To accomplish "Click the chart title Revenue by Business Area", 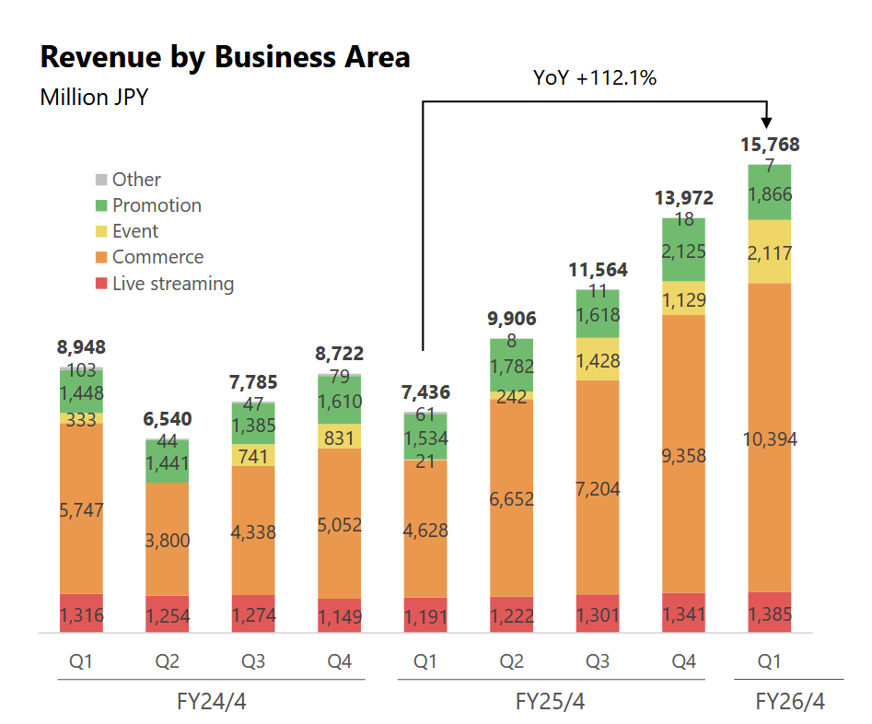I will pos(225,57).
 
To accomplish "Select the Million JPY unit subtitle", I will pos(94,97).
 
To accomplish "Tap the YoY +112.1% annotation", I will pos(594,78).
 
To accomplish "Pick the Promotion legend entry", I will pos(156,205).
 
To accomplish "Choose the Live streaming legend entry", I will pos(172,284).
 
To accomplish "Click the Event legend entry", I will pos(134,231).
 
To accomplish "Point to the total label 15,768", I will pos(770,145).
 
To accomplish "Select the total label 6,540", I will pos(167,419).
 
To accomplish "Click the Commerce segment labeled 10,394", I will pos(769,439).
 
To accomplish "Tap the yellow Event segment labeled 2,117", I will pos(769,252).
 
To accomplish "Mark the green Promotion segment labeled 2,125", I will pos(683,251).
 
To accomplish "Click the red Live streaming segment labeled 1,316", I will pos(81,615).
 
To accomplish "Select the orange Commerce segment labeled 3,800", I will pos(167,540).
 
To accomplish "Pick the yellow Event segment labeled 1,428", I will pos(598,360).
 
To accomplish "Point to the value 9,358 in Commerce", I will pos(683,453).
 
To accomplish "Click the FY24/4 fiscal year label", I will pos(211,701).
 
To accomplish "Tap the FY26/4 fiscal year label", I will pos(789,701).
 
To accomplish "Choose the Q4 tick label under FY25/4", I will pos(683,661).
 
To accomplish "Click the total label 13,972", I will pos(684,198).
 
